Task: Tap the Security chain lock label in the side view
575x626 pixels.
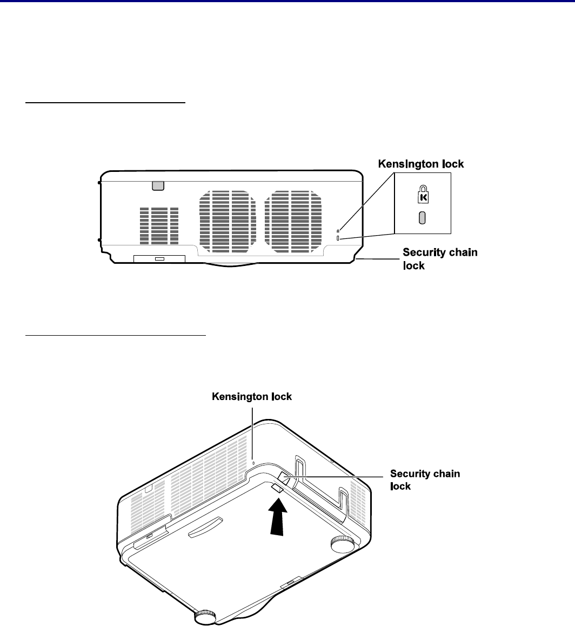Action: (x=440, y=259)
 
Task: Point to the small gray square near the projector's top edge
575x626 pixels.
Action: (x=157, y=185)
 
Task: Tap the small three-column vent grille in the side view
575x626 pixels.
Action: (x=159, y=224)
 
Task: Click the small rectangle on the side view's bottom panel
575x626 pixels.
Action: (x=159, y=259)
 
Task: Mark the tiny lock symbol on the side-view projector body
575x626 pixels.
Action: (x=338, y=231)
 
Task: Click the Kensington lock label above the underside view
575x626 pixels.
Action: (x=252, y=397)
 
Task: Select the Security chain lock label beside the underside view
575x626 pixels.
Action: (x=425, y=480)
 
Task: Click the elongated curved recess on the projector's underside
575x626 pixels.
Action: (x=205, y=528)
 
